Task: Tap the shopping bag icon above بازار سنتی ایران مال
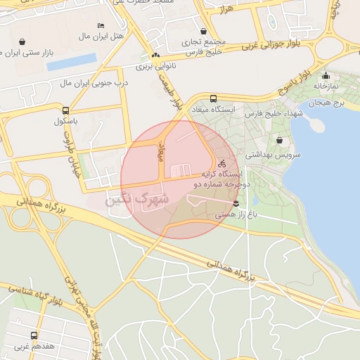click(23, 41)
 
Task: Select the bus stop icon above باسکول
click(65, 110)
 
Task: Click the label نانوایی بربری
click(155, 67)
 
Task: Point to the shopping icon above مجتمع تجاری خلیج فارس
click(204, 31)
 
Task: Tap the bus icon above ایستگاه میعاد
click(213, 99)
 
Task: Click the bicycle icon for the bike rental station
click(222, 163)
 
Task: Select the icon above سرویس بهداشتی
click(280, 141)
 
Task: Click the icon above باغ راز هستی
click(236, 204)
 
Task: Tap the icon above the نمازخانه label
click(326, 75)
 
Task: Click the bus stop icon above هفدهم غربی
click(34, 336)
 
